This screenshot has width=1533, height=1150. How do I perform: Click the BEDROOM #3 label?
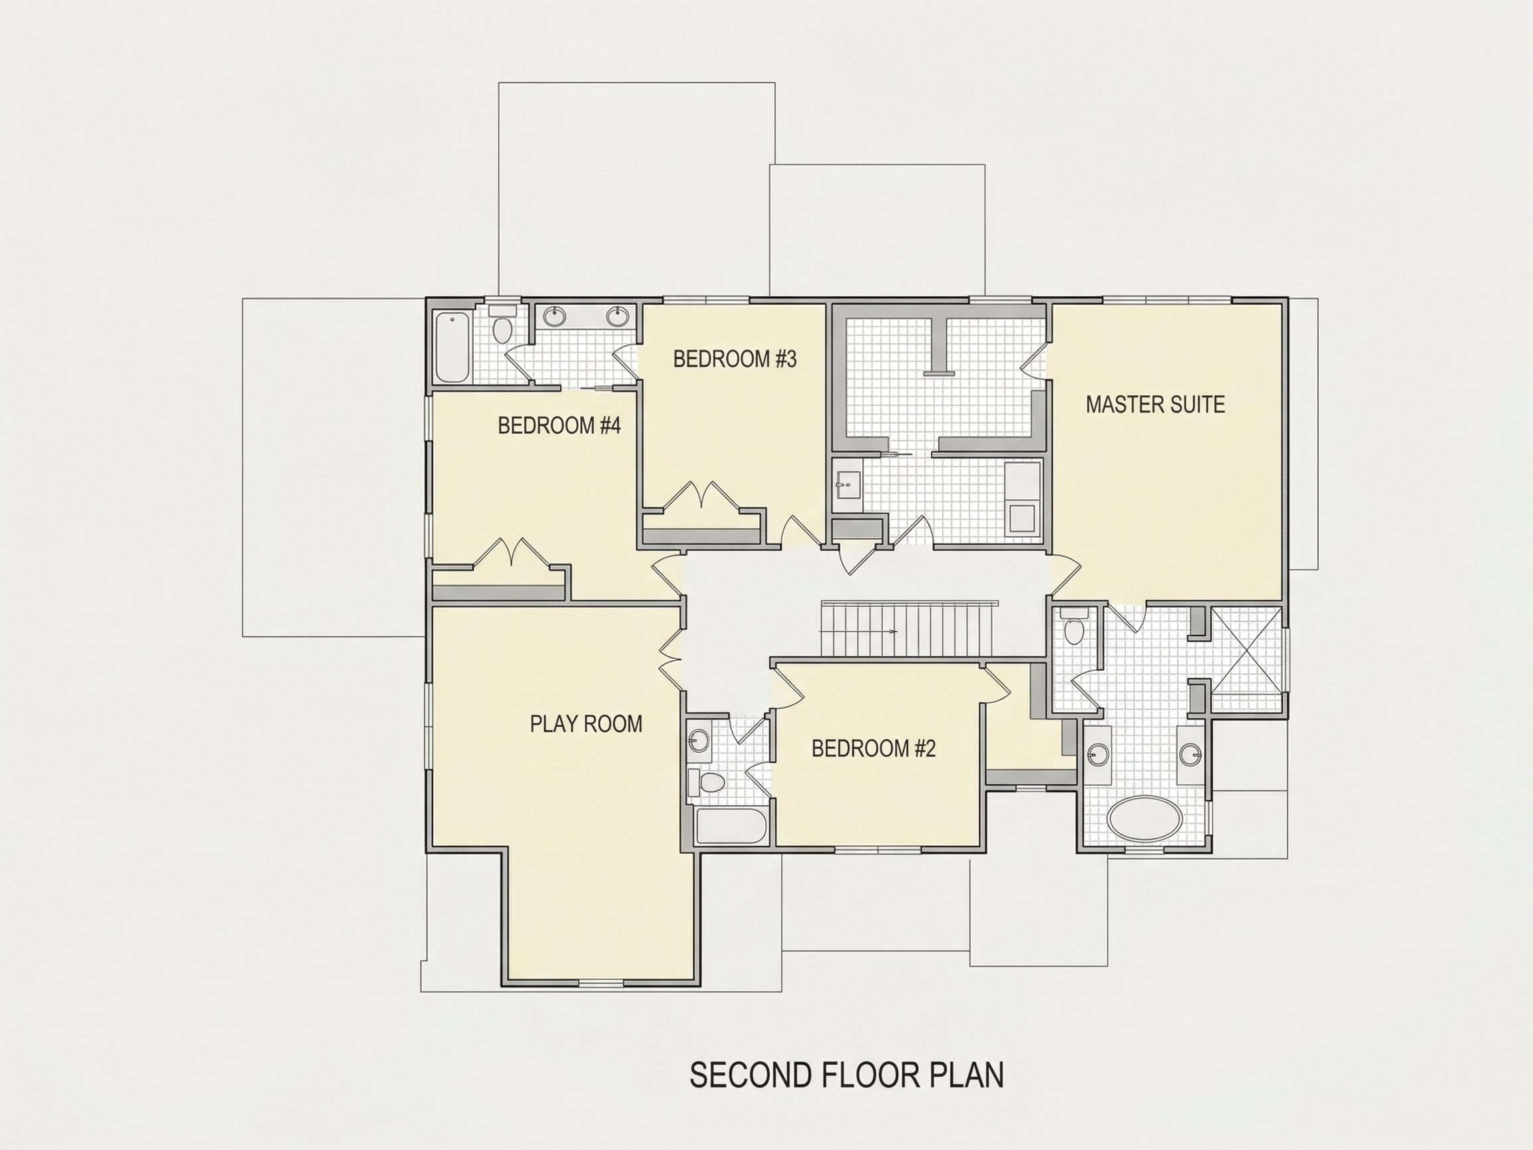735,359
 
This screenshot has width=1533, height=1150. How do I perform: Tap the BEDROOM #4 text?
559,426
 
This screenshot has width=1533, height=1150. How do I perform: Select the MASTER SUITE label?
1155,404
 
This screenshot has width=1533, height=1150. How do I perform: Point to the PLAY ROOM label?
586,723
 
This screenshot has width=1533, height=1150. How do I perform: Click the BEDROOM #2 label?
873,749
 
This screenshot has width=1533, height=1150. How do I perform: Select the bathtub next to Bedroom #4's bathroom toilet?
452,347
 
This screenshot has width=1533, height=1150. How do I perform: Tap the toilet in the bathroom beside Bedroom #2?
707,783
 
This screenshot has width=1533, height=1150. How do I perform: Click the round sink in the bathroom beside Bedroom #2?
699,741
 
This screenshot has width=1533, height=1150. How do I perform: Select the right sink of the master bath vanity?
1190,754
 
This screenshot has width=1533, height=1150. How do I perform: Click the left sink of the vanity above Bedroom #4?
554,317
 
